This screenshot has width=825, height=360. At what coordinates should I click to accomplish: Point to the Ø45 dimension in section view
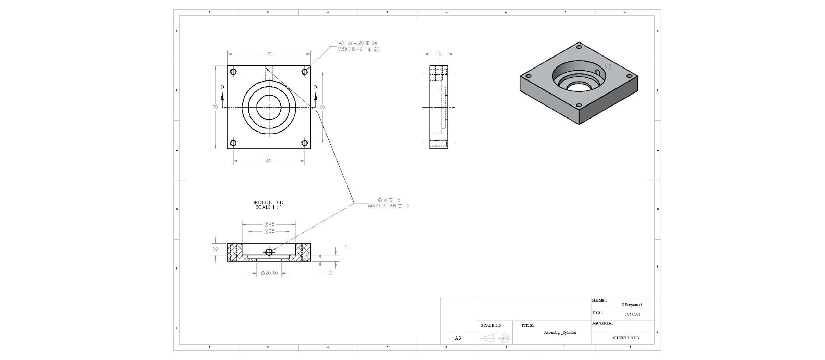click(x=269, y=224)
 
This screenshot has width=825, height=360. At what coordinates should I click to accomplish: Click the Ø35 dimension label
click(x=269, y=231)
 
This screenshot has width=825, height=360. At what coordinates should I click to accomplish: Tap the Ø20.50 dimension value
click(x=269, y=273)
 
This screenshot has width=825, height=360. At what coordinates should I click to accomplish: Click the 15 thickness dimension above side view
click(x=438, y=54)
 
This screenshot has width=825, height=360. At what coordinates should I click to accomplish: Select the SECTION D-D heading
click(x=268, y=202)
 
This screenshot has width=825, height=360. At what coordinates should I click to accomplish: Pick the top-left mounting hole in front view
click(x=233, y=72)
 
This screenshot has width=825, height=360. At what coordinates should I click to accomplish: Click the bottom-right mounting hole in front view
click(x=305, y=143)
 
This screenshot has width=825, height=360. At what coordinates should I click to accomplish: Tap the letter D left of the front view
click(x=222, y=87)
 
